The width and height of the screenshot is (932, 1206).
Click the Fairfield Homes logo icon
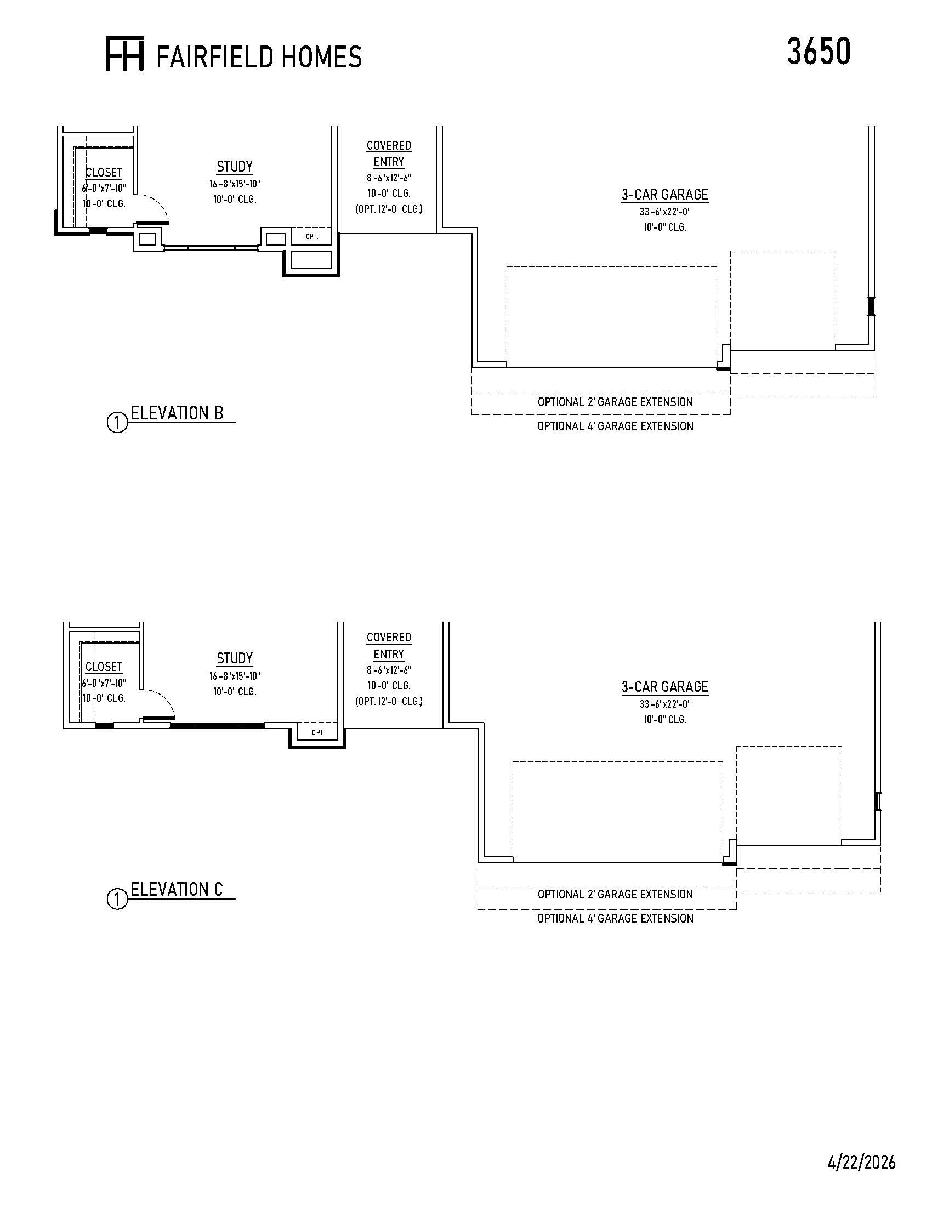point(125,54)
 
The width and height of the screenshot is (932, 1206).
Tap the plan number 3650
point(819,52)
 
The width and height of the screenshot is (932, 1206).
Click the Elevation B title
point(177,413)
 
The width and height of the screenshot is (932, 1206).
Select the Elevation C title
point(177,890)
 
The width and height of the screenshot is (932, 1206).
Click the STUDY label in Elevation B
point(235,166)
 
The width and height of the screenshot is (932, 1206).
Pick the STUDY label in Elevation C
point(235,658)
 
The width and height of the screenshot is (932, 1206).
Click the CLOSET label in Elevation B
point(104,172)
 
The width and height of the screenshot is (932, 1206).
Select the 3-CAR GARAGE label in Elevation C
point(666,686)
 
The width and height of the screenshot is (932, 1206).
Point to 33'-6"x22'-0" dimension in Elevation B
point(666,212)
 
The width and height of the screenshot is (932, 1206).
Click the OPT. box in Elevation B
point(312,236)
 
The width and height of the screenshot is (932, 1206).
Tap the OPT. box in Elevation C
point(318,732)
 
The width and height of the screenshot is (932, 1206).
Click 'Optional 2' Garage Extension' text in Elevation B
point(615,402)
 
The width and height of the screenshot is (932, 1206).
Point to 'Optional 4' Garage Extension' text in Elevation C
point(615,918)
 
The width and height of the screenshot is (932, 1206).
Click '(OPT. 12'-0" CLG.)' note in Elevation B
point(389,209)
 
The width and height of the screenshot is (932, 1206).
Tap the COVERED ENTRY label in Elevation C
point(389,646)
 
